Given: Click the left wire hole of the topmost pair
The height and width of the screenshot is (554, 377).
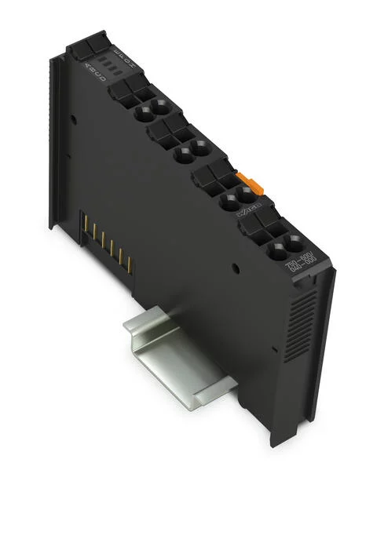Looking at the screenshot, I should tap(145, 113).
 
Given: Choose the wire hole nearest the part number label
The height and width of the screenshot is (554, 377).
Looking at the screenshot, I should tap(294, 243).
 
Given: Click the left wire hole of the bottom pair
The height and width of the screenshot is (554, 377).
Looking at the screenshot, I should tap(278, 253).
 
